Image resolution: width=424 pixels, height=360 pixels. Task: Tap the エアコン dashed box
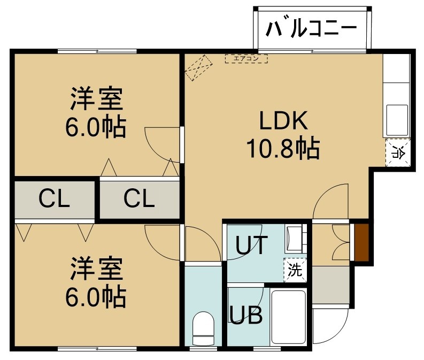pos(246,58)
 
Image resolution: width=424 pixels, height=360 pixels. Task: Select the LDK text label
pos(284,121)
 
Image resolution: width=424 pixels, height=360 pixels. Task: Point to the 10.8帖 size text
pos(283,148)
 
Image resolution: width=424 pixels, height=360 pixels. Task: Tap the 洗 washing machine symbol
pos(295,270)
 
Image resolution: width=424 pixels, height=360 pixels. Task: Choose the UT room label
pos(252,245)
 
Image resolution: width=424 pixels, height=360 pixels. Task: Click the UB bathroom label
pos(246,315)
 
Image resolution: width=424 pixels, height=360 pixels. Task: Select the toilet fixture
pos(203,328)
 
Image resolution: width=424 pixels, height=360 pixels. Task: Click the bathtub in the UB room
pos(289,317)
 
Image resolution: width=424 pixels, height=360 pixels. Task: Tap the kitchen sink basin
pos(397,120)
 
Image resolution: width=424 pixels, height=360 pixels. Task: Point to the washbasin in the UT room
pos(295,239)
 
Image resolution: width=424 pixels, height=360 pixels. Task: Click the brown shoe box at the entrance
pos(361,243)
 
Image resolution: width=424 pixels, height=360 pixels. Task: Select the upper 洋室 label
pos(97,99)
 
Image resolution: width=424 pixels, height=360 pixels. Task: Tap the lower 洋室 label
pos(97,269)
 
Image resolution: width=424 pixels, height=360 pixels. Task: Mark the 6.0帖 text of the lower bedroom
pos(96,297)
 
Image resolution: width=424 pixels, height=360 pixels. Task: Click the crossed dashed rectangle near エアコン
pos(199,67)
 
